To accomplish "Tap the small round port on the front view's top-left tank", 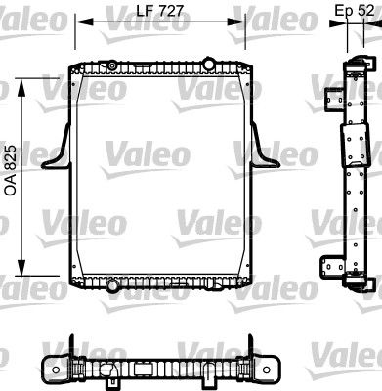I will pyautogui.click(x=111, y=65).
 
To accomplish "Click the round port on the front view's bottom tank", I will pyautogui.click(x=114, y=285).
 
